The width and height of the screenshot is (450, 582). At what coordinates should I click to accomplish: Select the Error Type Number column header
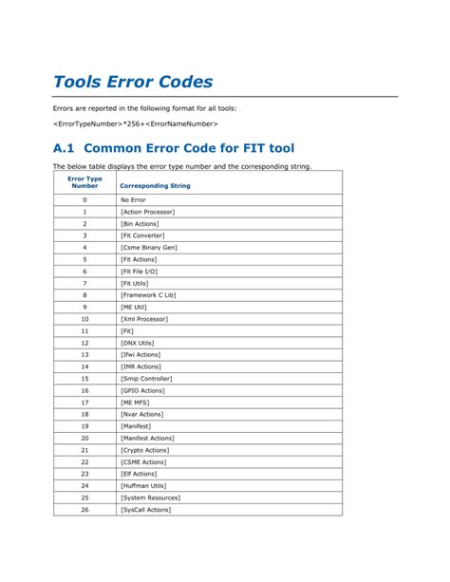[x=84, y=182]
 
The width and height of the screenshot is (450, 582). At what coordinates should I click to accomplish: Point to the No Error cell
[x=133, y=200]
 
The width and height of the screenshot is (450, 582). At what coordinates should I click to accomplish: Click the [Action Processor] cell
[x=147, y=212]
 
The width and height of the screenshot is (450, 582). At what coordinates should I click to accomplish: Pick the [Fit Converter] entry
[x=142, y=235]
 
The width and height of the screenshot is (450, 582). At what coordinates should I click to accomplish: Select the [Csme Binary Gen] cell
[x=148, y=247]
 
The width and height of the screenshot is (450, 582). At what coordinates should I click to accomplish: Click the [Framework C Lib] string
[x=147, y=295]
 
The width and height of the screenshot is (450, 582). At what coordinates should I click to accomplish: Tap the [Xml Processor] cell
[x=144, y=319]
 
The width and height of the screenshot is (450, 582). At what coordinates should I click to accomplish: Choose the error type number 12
[x=84, y=343]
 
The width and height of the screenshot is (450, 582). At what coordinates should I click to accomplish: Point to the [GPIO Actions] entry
[x=144, y=390]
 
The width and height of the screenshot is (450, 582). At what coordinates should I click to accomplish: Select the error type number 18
[x=84, y=414]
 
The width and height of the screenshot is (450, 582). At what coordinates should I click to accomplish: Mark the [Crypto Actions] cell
[x=145, y=450]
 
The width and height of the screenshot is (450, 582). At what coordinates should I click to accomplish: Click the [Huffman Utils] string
[x=144, y=485]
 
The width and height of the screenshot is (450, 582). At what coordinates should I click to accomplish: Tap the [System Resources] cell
[x=150, y=498]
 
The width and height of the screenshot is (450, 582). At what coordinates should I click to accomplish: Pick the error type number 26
[x=84, y=510]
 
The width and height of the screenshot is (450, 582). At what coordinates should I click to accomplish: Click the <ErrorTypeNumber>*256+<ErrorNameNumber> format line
[x=136, y=124]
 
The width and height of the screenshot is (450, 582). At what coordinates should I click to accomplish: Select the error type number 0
[x=84, y=200]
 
